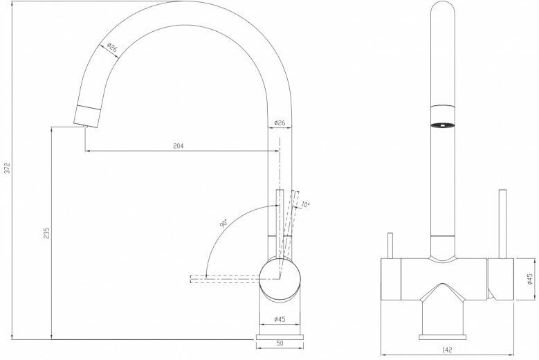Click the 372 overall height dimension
7,168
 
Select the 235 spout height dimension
46,233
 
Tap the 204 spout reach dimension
178,146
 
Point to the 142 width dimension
447,350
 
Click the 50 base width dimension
280,343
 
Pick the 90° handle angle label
223,223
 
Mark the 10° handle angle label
305,205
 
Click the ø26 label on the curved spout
112,47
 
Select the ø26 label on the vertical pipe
280,123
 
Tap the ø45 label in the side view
280,319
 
